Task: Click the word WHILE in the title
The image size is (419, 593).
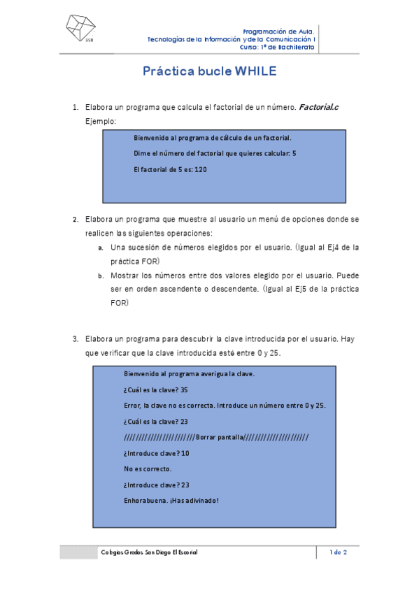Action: pyautogui.click(x=256, y=71)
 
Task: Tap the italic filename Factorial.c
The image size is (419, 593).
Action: pyautogui.click(x=319, y=108)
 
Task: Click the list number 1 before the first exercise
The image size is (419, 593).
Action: pyautogui.click(x=74, y=108)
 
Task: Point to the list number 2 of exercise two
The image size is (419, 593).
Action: pyautogui.click(x=74, y=219)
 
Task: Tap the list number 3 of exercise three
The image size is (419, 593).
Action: pyautogui.click(x=74, y=339)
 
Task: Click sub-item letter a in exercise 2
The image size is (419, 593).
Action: pyautogui.click(x=101, y=248)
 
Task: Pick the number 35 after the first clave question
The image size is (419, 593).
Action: pyautogui.click(x=184, y=390)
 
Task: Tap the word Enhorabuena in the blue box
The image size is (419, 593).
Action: pyautogui.click(x=145, y=500)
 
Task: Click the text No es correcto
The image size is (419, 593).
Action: pyautogui.click(x=148, y=469)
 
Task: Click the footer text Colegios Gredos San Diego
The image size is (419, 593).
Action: pyautogui.click(x=150, y=552)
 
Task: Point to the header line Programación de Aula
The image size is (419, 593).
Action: pyautogui.click(x=278, y=31)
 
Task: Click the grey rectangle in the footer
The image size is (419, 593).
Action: pyautogui.click(x=78, y=552)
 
